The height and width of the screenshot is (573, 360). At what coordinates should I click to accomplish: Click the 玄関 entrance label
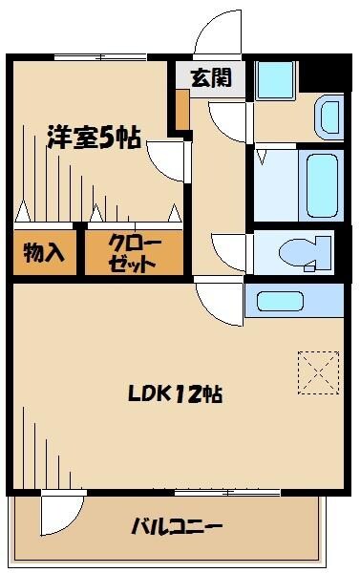point(211,79)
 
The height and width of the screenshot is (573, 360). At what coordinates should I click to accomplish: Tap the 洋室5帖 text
point(94,138)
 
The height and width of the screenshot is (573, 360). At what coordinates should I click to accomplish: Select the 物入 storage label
point(44,254)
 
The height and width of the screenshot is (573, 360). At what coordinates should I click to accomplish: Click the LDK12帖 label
point(183,393)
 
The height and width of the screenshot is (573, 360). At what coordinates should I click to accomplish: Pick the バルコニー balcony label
point(177,526)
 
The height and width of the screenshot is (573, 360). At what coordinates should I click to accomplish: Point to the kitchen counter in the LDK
point(294,300)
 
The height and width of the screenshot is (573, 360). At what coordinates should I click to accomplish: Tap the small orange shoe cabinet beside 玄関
point(181,110)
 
